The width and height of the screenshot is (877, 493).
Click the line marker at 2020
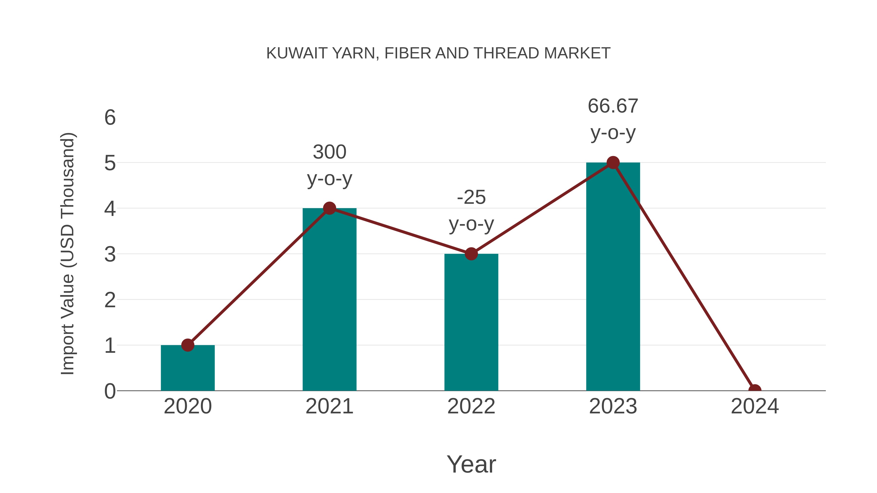(188, 345)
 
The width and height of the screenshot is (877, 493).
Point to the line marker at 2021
(329, 208)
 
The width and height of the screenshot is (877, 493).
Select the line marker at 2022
(471, 254)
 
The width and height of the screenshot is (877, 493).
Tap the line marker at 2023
(613, 163)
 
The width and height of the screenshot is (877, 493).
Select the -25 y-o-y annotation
(471, 211)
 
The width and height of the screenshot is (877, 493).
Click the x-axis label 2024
(754, 406)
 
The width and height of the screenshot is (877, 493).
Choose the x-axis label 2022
(471, 406)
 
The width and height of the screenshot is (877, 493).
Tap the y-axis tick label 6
(110, 118)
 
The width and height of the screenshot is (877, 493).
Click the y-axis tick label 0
(110, 391)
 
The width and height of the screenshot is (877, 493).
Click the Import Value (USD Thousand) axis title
(67, 254)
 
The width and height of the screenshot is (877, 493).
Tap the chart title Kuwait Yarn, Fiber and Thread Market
(438, 53)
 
